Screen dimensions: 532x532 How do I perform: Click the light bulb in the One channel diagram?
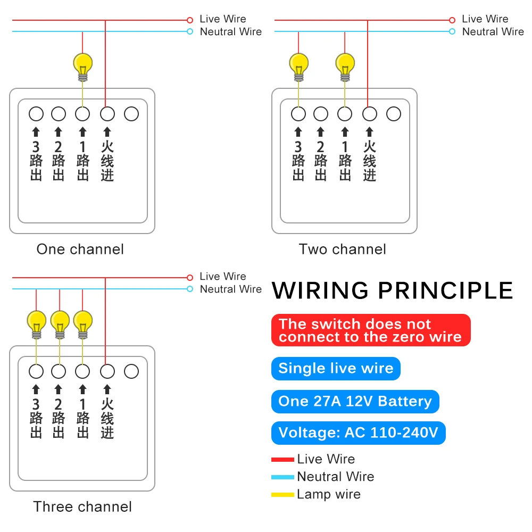(83, 67)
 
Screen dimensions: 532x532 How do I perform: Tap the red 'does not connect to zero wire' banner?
(371, 330)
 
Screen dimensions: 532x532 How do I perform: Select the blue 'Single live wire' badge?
(336, 369)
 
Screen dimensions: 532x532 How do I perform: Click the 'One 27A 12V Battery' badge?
(355, 401)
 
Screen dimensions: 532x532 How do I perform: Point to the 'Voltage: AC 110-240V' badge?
(358, 433)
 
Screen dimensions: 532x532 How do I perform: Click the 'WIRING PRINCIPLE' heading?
(393, 291)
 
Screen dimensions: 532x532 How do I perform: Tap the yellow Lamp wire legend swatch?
(282, 495)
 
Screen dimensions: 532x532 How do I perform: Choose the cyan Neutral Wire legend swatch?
(282, 477)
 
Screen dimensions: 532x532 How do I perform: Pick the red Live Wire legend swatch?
(282, 460)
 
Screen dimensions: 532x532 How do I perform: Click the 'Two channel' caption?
(342, 250)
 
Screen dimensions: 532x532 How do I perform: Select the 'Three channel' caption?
(82, 507)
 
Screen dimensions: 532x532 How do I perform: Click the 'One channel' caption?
(80, 250)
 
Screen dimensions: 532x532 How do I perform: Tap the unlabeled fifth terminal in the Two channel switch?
(394, 114)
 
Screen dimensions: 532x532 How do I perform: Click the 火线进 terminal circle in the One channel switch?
(107, 114)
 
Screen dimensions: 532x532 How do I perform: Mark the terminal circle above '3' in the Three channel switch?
(36, 371)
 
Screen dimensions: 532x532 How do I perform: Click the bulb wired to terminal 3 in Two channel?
(298, 67)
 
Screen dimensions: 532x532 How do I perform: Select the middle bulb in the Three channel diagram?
(60, 325)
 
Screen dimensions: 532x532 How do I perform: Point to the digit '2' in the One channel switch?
(59, 147)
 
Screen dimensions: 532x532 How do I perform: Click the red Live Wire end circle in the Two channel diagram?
(452, 20)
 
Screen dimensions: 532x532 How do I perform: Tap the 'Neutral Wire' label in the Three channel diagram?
(231, 289)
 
